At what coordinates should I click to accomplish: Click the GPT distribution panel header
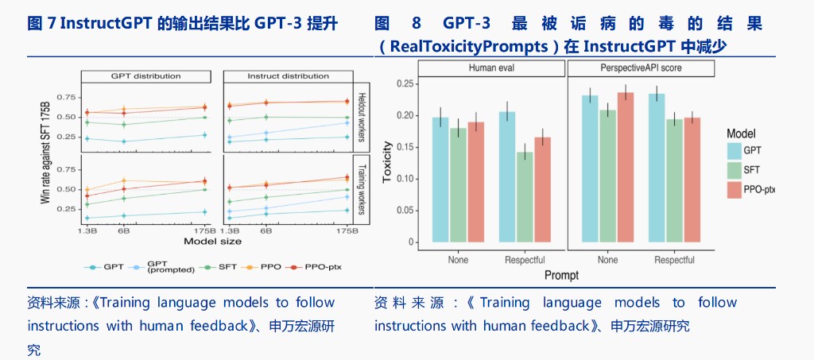(145, 76)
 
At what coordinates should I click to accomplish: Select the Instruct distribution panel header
(286, 76)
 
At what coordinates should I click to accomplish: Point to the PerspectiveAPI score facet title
(642, 68)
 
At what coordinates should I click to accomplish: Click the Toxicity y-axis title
(388, 162)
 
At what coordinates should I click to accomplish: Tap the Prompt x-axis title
(561, 275)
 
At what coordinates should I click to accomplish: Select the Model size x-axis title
(212, 240)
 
